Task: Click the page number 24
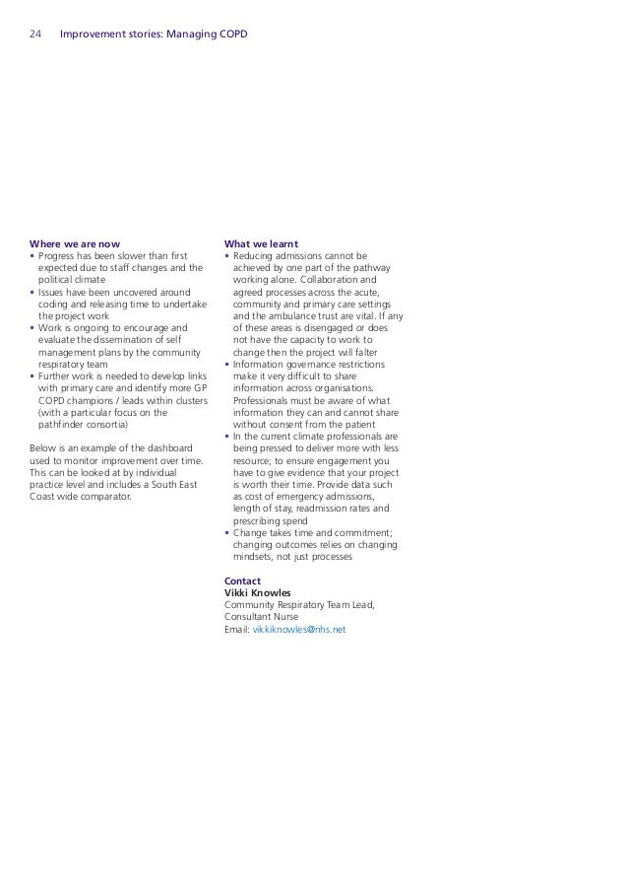tap(35, 35)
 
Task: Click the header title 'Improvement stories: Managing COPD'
tap(154, 35)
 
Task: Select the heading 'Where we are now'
tap(76, 243)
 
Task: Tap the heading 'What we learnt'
tap(262, 243)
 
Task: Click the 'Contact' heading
tap(242, 582)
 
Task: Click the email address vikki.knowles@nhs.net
tap(299, 629)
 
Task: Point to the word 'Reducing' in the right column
tap(256, 256)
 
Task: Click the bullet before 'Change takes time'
tap(227, 533)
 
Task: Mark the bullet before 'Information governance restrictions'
tap(227, 364)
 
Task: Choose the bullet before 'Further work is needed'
tap(32, 376)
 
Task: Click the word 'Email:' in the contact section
tap(237, 629)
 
